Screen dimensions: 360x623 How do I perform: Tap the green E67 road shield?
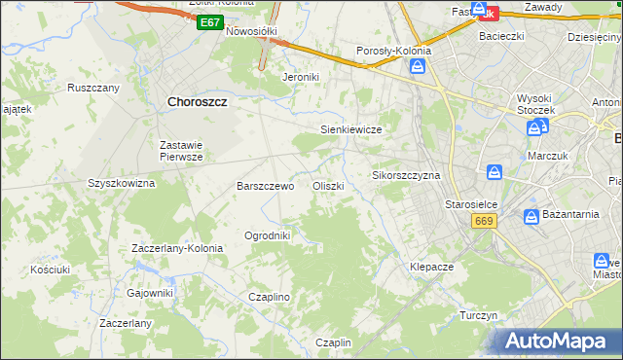209,22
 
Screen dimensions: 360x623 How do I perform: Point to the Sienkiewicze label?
350,129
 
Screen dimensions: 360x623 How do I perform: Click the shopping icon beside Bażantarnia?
531,216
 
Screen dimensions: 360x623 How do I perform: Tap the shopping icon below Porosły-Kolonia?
418,66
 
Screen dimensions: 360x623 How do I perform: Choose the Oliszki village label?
327,186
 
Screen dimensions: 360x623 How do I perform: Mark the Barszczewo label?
266,186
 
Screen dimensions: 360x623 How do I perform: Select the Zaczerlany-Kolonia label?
177,248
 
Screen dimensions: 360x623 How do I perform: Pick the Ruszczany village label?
93,88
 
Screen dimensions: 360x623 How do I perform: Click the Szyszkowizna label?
122,183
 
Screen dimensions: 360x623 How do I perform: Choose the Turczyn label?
479,316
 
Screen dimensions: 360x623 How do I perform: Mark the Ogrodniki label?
268,234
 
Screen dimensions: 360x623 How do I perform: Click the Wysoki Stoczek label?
535,104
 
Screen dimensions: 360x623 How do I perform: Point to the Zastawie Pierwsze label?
181,150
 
